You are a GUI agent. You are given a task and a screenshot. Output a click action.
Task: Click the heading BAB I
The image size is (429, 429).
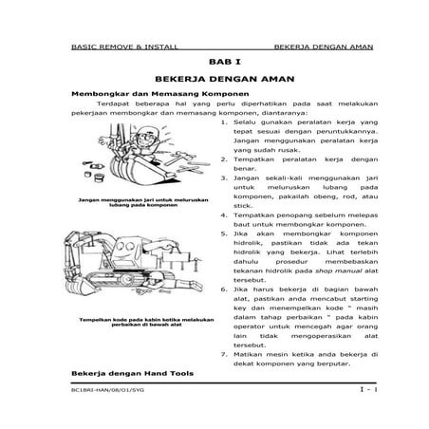214,60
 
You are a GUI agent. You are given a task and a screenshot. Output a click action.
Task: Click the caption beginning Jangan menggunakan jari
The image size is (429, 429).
127,204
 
